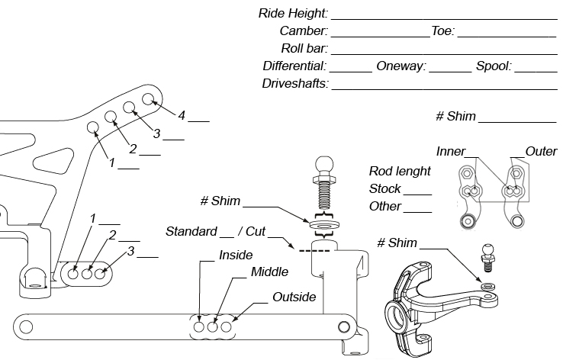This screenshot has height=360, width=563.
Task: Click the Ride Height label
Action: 294,14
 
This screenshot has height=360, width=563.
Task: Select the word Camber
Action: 304,31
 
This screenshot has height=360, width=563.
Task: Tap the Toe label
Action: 442,31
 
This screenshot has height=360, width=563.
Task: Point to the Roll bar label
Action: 304,49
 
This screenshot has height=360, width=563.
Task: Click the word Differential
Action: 294,66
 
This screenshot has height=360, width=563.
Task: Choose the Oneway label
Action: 401,66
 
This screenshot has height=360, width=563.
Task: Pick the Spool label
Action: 494,66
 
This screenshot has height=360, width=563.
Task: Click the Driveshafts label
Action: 295,84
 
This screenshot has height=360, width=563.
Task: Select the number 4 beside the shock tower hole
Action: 182,115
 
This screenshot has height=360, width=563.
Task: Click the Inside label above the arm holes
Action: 236,256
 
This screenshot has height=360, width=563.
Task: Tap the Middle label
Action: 269,272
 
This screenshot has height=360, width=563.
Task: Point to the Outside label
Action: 294,297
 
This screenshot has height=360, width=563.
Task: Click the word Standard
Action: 191,231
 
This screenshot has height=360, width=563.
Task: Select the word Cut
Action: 254,231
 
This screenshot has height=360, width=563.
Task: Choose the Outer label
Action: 541,151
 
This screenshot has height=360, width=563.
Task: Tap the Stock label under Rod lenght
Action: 385,188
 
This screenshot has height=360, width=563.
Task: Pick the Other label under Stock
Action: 385,206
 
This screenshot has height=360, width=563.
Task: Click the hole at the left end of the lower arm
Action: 27,326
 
